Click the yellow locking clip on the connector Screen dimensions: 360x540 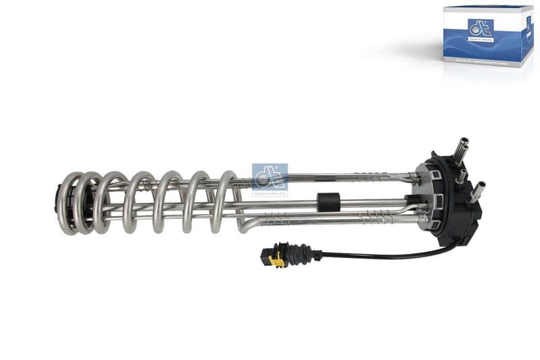[275, 261]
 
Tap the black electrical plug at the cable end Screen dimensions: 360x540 [269, 255]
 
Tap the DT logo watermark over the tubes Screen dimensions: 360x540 [269, 179]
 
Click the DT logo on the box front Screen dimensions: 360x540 [480, 30]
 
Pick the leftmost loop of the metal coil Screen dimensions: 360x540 [69, 203]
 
